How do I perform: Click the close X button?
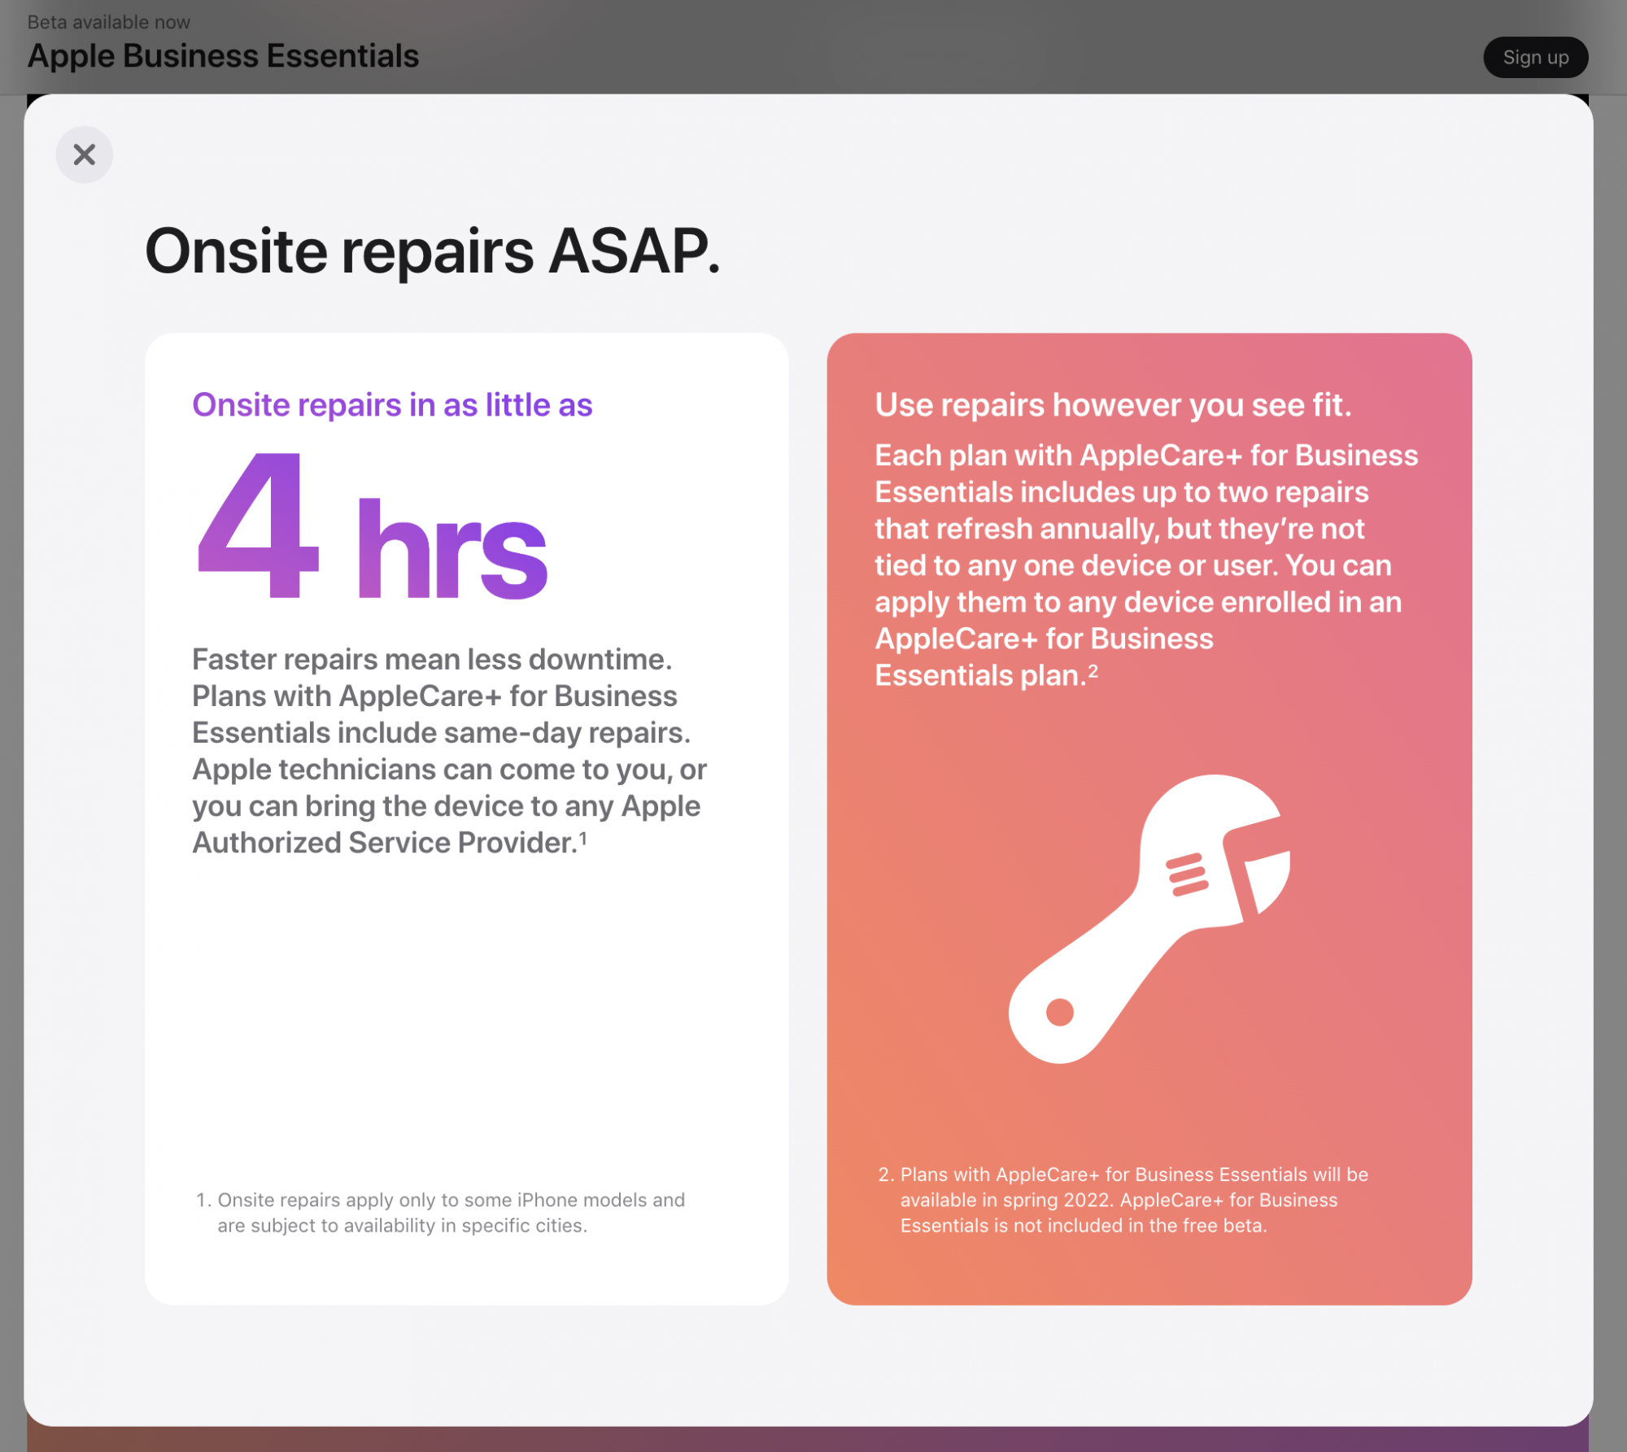pyautogui.click(x=85, y=155)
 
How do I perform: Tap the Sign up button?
pyautogui.click(x=1536, y=58)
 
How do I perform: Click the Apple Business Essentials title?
pyautogui.click(x=223, y=56)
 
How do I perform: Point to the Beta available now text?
pyautogui.click(x=109, y=22)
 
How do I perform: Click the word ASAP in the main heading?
pyautogui.click(x=635, y=251)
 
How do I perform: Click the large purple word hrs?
pyautogui.click(x=451, y=550)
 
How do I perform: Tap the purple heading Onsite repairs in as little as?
pyautogui.click(x=392, y=405)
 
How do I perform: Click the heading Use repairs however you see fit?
pyautogui.click(x=1114, y=405)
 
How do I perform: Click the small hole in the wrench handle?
pyautogui.click(x=1060, y=1013)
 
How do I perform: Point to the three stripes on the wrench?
pyautogui.click(x=1187, y=874)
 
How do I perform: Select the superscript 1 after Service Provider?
pyautogui.click(x=582, y=838)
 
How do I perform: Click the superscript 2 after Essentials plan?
pyautogui.click(x=1093, y=671)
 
